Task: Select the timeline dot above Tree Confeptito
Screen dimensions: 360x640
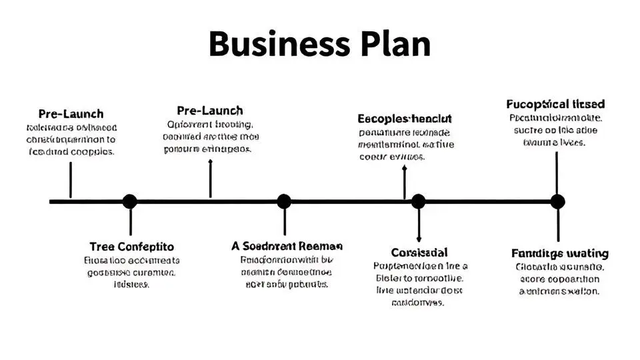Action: tap(130, 201)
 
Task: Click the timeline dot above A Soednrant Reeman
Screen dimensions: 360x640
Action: tap(284, 201)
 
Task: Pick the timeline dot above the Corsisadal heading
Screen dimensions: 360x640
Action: tap(418, 201)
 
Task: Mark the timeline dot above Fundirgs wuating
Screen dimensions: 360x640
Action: tap(557, 201)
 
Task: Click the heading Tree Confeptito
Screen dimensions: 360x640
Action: tap(131, 246)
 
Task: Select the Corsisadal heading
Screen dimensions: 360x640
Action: tap(419, 253)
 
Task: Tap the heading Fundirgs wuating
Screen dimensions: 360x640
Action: tap(560, 253)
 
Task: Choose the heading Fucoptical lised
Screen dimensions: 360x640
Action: tap(555, 104)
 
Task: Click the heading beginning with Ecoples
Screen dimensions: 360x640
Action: tap(405, 119)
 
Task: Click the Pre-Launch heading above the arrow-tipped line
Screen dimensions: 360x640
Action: tap(210, 111)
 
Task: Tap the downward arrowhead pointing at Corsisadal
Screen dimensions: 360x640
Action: tap(419, 238)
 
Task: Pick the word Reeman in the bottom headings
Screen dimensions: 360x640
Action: tap(321, 245)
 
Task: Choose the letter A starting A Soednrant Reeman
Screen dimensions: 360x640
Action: tap(235, 245)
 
